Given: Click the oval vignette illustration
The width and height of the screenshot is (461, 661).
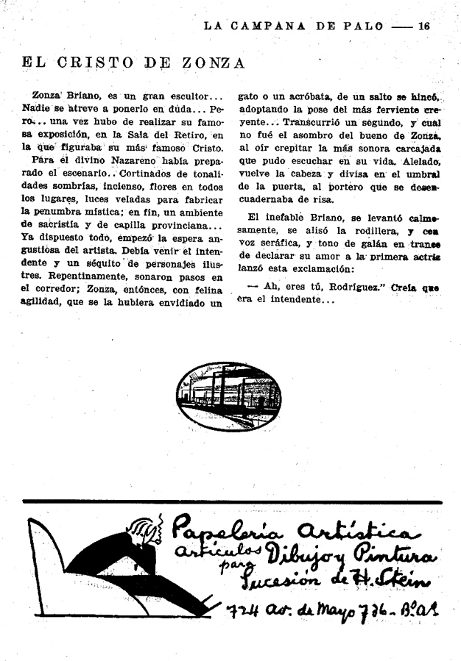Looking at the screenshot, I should click(x=228, y=396).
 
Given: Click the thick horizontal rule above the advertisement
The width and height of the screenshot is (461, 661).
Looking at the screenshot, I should click(x=230, y=502).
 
